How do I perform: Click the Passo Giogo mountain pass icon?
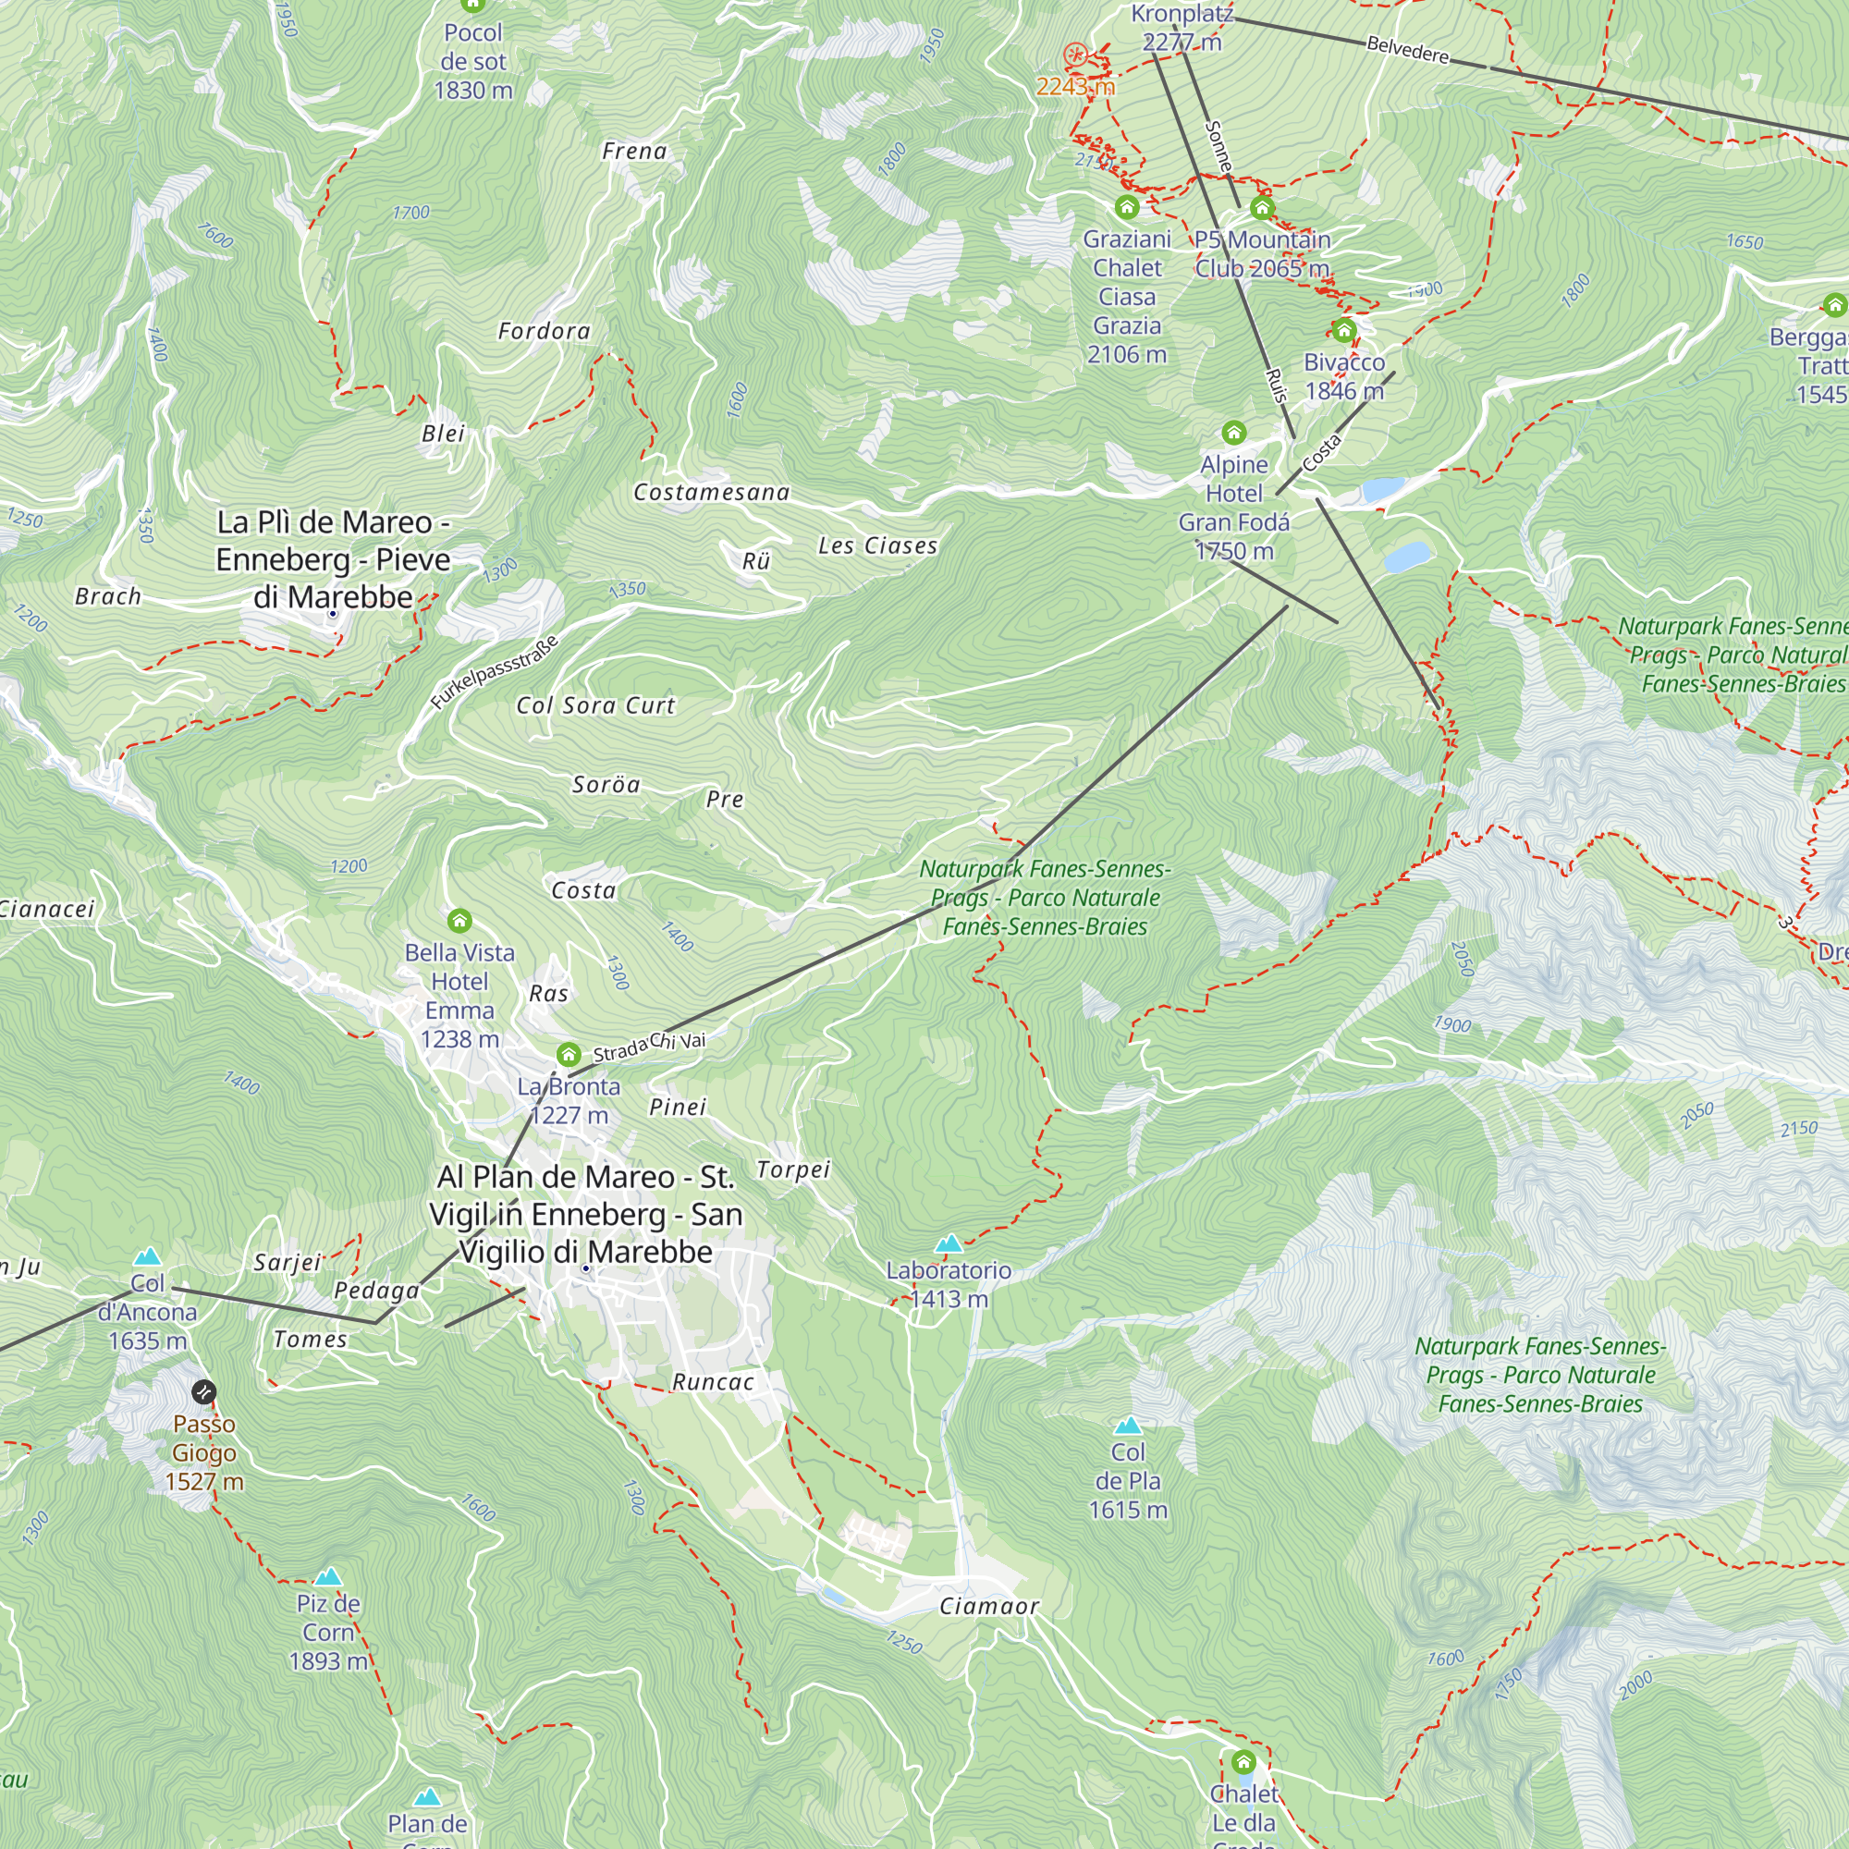point(203,1391)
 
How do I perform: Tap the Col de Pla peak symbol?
point(1128,1425)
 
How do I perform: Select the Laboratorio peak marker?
point(949,1243)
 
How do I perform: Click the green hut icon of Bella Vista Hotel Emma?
point(459,921)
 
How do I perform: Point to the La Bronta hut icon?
point(569,1055)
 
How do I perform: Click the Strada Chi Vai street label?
point(649,1046)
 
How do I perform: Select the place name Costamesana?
point(711,492)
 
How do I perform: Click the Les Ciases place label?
point(876,545)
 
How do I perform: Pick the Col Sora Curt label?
point(595,705)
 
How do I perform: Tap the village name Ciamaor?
point(988,1606)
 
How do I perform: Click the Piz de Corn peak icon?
point(328,1576)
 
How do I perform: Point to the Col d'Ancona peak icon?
point(147,1255)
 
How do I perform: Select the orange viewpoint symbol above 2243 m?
point(1075,54)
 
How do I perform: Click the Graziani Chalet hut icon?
point(1126,206)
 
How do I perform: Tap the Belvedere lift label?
point(1407,49)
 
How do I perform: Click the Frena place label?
point(633,152)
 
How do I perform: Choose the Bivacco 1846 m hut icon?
point(1343,331)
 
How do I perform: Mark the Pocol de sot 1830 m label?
point(472,61)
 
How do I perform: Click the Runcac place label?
point(712,1382)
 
